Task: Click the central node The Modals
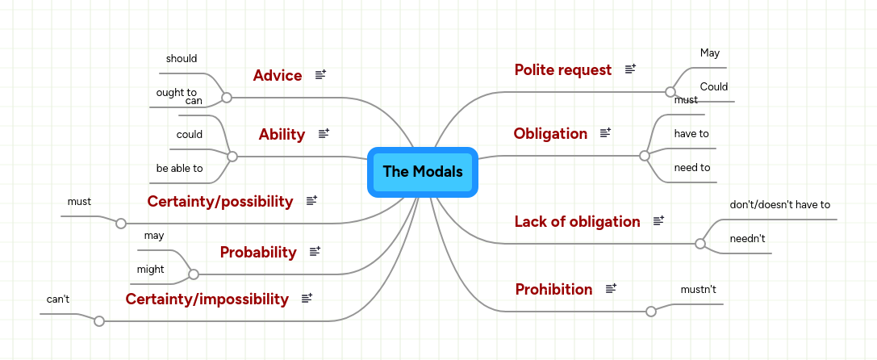[x=423, y=172]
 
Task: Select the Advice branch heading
[x=278, y=76]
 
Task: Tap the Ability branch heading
[x=282, y=135]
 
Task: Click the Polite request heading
[x=563, y=70]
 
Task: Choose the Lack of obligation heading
[x=578, y=222]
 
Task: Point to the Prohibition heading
[x=553, y=290]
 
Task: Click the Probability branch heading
[x=258, y=253]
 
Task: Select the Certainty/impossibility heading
[x=207, y=299]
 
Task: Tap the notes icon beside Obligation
[x=606, y=133]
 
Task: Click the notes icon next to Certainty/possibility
[x=311, y=201]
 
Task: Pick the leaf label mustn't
[x=699, y=288]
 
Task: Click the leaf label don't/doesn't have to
[x=779, y=205]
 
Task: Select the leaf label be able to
[x=180, y=169]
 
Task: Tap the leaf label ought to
[x=177, y=93]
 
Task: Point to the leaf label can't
[x=58, y=299]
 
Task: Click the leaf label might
[x=151, y=270]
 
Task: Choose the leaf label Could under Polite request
[x=714, y=87]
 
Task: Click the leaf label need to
[x=692, y=168]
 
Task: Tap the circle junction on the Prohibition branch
[x=651, y=311]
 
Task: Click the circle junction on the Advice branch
[x=227, y=97]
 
